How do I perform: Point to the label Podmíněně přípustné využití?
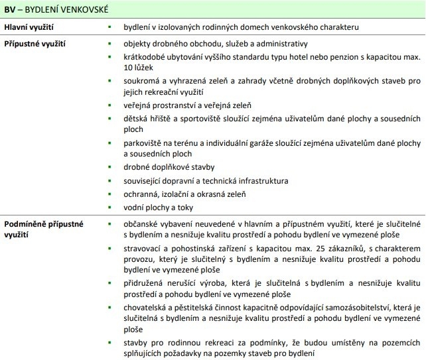tap(43, 229)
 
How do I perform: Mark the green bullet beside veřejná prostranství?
tap(108, 105)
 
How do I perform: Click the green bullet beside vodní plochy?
tap(108, 208)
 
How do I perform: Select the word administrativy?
tap(277, 44)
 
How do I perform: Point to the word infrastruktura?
tap(257, 180)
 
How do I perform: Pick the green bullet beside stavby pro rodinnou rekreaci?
tap(108, 341)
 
